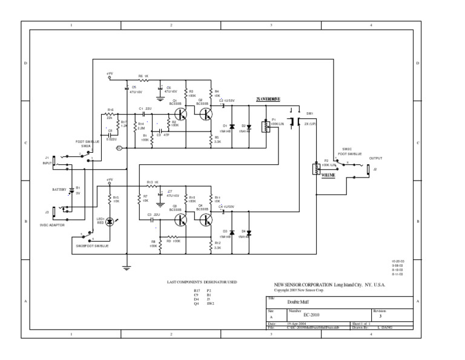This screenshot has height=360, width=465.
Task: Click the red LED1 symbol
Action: click(110, 222)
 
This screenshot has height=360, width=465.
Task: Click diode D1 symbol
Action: click(233, 126)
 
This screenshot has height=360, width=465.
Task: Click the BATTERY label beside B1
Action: click(59, 189)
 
